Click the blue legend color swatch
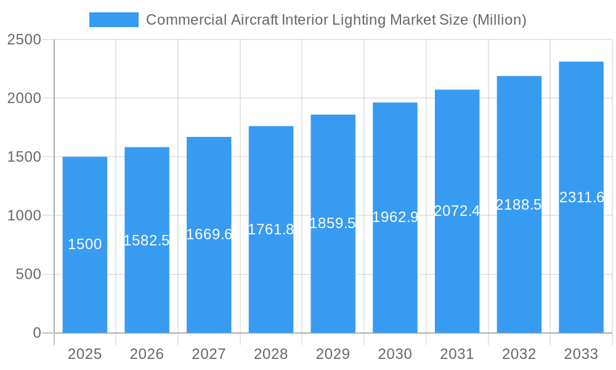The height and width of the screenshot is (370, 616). point(114,20)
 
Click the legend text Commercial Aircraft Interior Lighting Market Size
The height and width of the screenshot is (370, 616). point(336,20)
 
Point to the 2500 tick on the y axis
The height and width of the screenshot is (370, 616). point(24,39)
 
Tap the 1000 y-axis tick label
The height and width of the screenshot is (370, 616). point(24,216)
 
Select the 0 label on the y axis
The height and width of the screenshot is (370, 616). point(36,333)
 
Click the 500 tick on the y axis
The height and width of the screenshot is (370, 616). point(28,274)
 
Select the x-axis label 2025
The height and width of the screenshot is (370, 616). point(84,354)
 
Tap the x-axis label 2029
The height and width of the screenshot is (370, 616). point(333,354)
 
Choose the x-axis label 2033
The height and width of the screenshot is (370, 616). point(581,354)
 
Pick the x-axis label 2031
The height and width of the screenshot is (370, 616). point(457,354)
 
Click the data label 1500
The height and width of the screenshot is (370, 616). point(84,245)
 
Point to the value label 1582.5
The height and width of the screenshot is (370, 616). point(147,240)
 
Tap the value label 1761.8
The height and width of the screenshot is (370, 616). point(271,229)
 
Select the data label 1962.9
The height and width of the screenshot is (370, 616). point(395,217)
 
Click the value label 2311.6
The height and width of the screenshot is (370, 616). point(581,197)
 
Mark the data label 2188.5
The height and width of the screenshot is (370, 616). point(519,205)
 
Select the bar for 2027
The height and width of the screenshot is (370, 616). point(209,277)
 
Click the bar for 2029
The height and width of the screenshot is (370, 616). point(333,277)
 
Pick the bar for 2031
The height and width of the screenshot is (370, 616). point(457,277)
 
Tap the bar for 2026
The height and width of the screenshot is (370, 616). point(147,284)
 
